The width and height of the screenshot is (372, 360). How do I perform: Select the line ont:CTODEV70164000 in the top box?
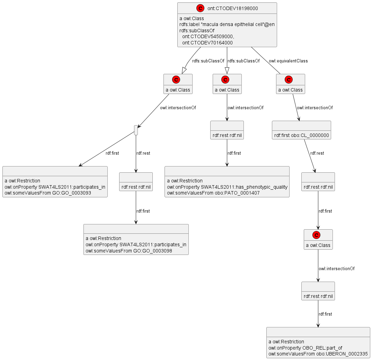[207, 43]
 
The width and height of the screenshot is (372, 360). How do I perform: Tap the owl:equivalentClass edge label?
[288, 61]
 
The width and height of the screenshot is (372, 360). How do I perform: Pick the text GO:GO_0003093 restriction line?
[48, 193]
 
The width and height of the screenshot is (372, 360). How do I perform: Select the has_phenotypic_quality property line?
[227, 187]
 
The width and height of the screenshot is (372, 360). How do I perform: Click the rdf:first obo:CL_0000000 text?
[301, 135]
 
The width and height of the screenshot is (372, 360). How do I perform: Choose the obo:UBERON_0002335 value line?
[318, 354]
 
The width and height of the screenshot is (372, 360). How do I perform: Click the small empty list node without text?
[136, 130]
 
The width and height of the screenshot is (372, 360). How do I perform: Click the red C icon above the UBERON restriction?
[316, 235]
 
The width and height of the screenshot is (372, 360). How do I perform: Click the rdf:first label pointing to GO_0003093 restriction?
[112, 153]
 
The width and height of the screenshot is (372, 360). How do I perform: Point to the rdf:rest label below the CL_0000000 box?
[317, 153]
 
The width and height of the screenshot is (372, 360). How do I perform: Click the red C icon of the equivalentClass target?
[288, 79]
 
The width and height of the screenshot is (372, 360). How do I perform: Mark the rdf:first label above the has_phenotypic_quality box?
[234, 153]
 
